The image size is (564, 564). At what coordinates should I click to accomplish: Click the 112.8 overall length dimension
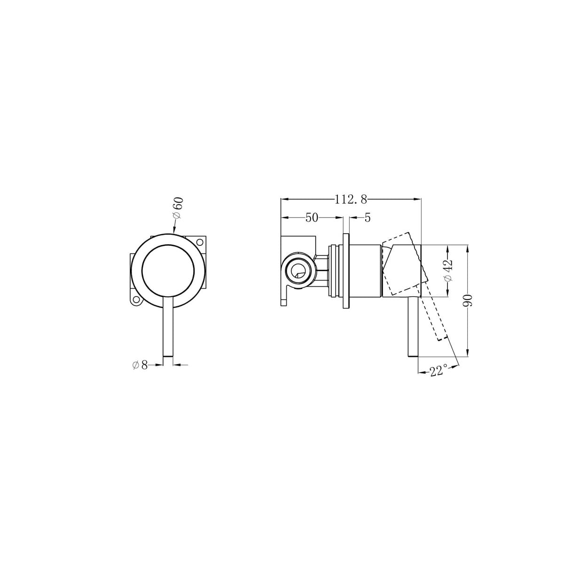click(x=350, y=199)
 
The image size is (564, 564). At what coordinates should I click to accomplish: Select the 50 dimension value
click(x=312, y=218)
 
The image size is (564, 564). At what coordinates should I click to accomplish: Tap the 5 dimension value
click(x=368, y=218)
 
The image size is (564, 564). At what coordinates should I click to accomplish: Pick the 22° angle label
click(x=437, y=371)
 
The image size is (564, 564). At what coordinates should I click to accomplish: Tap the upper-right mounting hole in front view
click(x=199, y=243)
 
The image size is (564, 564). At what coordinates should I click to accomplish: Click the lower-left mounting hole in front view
click(x=136, y=299)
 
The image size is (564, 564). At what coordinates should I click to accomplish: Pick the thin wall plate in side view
click(x=346, y=271)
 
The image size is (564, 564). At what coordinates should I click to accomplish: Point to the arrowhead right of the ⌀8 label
click(x=177, y=364)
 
